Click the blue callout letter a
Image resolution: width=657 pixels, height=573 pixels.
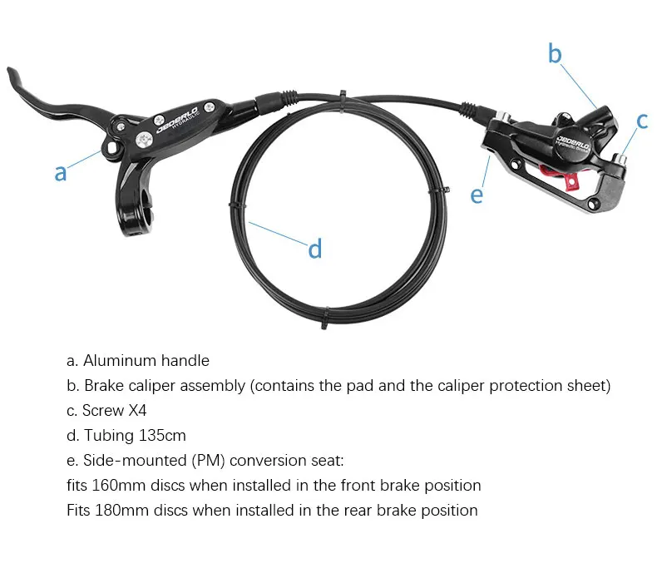(x=60, y=173)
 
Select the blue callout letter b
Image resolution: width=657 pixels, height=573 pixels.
(x=555, y=54)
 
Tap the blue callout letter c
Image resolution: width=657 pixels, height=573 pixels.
(x=642, y=121)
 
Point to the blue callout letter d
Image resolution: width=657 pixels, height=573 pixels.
(x=315, y=249)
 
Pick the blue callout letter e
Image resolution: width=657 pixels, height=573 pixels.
(x=476, y=195)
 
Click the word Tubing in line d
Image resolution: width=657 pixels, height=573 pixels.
(x=105, y=436)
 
